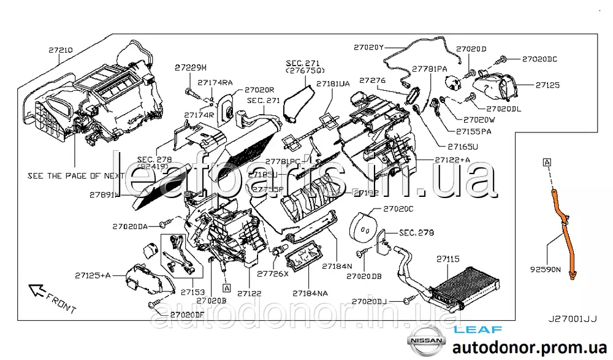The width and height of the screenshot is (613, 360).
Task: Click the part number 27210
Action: click(61, 47)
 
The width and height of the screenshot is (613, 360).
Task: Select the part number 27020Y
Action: click(368, 47)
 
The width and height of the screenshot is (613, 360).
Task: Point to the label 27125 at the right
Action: click(547, 85)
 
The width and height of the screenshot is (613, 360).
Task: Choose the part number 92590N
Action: click(546, 269)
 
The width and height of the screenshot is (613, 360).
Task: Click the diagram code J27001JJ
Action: click(573, 320)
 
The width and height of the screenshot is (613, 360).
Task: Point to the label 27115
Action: click(447, 260)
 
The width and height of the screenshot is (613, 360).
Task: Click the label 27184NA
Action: click(310, 293)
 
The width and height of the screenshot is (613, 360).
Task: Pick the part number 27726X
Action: click(272, 274)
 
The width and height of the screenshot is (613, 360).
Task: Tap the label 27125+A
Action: click(94, 275)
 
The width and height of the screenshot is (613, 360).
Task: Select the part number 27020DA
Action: click(130, 226)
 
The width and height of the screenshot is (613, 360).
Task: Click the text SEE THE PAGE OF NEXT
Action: click(76, 175)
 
